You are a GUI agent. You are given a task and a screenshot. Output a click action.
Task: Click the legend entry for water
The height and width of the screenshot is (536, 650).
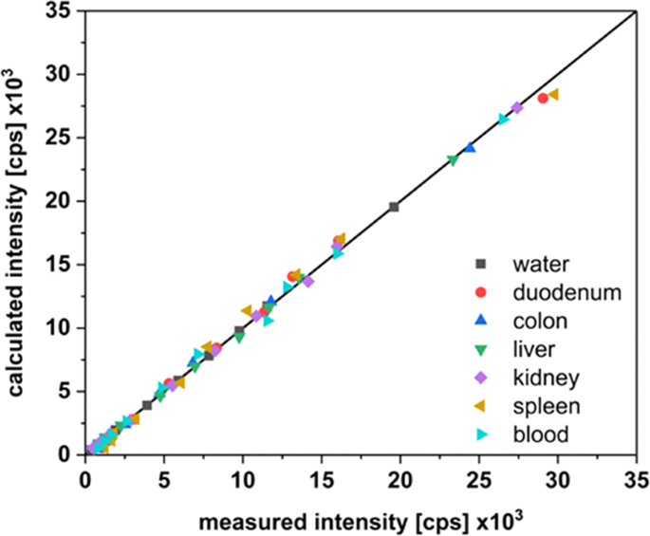[535, 263]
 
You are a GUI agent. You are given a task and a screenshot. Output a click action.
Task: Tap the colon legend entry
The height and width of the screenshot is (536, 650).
[535, 320]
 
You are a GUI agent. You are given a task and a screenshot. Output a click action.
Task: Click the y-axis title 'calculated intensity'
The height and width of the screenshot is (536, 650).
[19, 232]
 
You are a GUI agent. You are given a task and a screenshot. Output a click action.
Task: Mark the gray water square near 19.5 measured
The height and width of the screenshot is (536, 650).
[394, 207]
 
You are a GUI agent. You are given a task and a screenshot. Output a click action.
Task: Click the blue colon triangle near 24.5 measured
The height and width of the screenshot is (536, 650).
[470, 147]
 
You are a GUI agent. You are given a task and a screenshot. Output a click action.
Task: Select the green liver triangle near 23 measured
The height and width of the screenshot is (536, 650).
[453, 160]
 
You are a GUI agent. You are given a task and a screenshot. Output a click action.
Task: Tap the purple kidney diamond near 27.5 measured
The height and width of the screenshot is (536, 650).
[517, 108]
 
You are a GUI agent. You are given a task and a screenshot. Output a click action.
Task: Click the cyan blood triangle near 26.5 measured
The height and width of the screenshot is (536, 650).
[504, 120]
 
